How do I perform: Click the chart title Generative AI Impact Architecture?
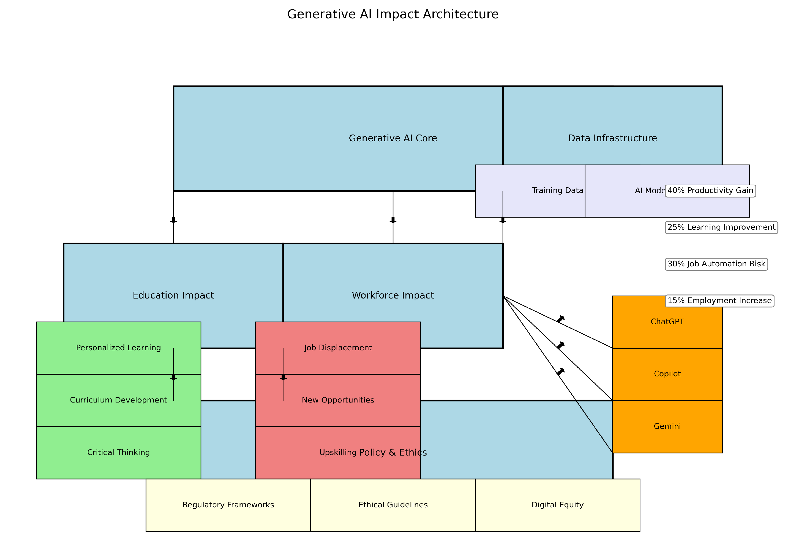[x=393, y=14]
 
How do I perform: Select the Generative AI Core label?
[x=393, y=138]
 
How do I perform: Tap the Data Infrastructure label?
[x=612, y=138]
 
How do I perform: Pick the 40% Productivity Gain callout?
[x=710, y=191]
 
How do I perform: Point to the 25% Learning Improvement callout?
[x=721, y=227]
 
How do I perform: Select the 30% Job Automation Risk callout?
[x=716, y=264]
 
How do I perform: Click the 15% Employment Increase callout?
[x=719, y=301]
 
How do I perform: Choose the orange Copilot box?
[x=667, y=374]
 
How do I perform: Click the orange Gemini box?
[x=667, y=426]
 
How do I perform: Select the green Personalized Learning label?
[x=118, y=348]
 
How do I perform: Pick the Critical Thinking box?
[x=118, y=453]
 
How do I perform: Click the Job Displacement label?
[x=338, y=348]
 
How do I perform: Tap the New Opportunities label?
[x=338, y=400]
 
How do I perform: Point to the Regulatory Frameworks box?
[x=228, y=505]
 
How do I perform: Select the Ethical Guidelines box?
[x=393, y=505]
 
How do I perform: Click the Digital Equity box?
[x=557, y=505]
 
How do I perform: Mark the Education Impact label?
[x=173, y=295]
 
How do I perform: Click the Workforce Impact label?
[x=393, y=295]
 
